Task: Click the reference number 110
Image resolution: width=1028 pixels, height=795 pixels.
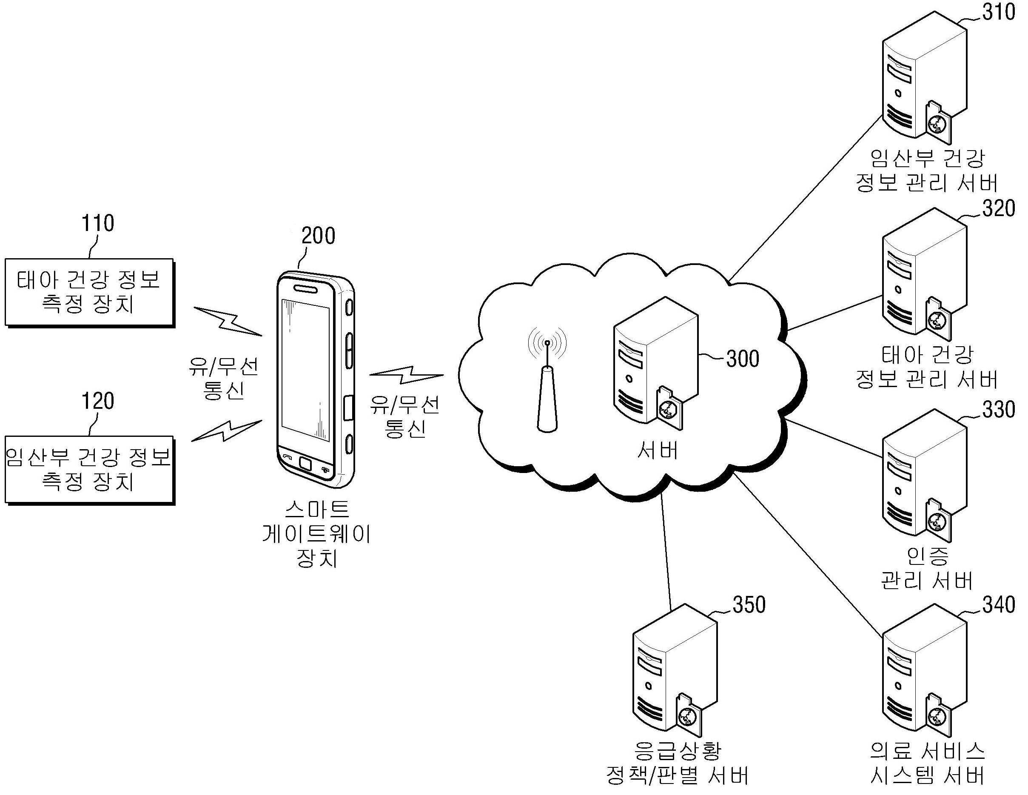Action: tap(98, 223)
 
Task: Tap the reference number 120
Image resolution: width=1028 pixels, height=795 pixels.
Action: tap(98, 401)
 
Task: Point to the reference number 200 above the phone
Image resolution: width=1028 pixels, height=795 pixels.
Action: tap(318, 236)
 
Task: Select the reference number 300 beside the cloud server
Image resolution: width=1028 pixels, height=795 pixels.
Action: tap(743, 359)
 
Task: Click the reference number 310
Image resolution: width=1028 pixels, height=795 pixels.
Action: tap(998, 12)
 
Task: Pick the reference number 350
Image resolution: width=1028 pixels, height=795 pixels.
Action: tap(749, 605)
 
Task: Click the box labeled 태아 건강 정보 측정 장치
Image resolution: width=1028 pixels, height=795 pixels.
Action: tap(89, 292)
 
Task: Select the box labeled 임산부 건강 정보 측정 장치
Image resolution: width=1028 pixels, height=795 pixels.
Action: tap(89, 470)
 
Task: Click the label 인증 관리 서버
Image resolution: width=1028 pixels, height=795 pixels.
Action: tap(927, 568)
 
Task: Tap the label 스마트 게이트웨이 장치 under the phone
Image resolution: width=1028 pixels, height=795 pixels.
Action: tap(317, 534)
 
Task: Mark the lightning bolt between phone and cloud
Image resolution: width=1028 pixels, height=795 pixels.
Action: tap(407, 375)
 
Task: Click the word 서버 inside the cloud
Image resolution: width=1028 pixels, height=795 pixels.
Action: tap(658, 450)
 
